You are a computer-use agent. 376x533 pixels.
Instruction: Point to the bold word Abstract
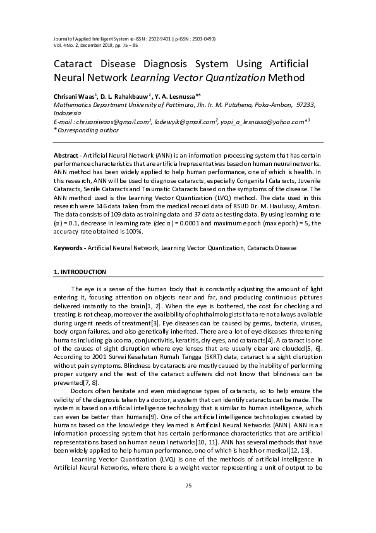64,155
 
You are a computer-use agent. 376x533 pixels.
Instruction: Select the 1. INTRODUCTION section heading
80,272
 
